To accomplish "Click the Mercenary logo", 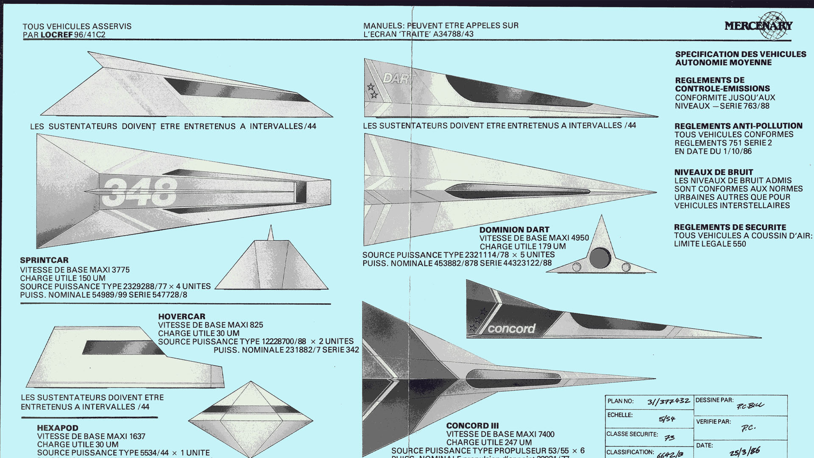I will point(758,25).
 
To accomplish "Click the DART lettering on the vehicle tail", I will point(397,78).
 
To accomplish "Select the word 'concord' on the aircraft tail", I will point(511,329).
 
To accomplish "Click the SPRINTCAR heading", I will point(44,260).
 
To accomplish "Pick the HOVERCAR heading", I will point(181,316).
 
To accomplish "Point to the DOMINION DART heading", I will point(514,229).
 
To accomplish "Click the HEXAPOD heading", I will point(58,428).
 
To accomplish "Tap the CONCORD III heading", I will point(472,425).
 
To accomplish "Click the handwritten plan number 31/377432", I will point(668,401).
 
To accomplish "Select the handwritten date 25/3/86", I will point(744,452).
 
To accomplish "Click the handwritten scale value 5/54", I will point(667,419).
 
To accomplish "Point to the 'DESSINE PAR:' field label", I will point(714,400).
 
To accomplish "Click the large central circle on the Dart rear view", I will point(600,257).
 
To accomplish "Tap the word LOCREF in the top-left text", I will point(57,35).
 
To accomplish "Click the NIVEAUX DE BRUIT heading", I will point(714,172).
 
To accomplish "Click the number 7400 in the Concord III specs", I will point(546,434).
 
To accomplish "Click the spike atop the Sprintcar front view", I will point(270,233).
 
